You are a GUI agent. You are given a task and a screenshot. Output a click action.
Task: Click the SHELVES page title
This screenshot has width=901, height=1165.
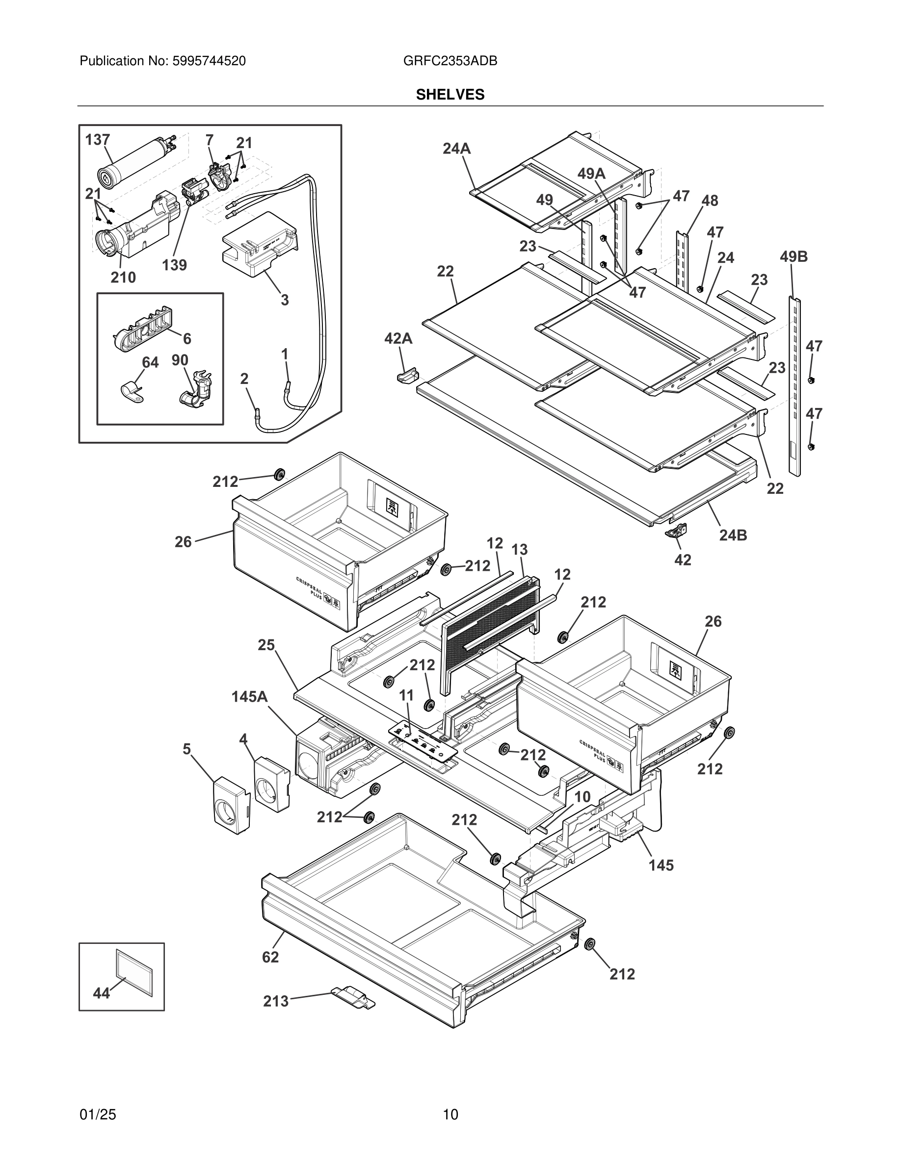click(450, 95)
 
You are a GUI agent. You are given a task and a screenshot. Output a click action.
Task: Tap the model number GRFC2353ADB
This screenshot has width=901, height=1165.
click(450, 61)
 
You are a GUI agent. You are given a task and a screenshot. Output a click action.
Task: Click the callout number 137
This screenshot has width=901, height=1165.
click(98, 140)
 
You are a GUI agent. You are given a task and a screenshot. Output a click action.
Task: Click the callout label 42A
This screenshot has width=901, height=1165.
click(398, 338)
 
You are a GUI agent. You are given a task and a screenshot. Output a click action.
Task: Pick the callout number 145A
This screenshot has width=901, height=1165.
click(249, 697)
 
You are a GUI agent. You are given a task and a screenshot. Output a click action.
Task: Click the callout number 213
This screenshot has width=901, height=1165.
click(275, 1001)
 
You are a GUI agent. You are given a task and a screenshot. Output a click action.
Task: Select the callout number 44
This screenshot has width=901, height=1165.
click(102, 993)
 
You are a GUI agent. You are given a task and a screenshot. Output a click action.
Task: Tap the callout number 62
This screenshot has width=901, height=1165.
click(270, 957)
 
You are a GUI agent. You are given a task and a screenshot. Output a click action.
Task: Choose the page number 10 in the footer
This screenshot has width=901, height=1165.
click(450, 1114)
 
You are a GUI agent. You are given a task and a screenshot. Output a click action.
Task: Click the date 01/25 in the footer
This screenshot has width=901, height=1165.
click(98, 1114)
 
